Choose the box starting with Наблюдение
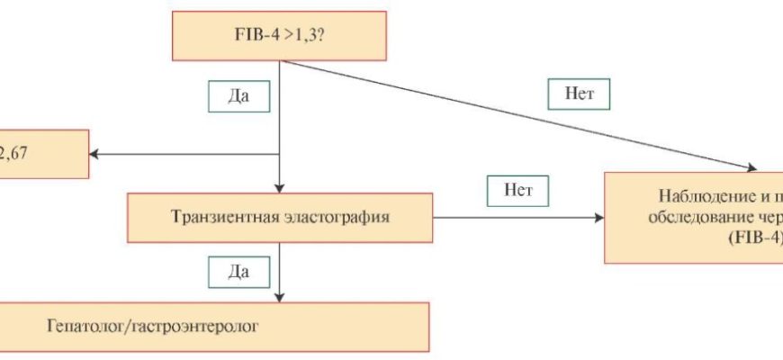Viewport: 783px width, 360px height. tap(693, 217)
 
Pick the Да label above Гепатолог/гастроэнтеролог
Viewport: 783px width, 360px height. tap(238, 269)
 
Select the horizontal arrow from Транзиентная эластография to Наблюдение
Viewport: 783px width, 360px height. tap(517, 218)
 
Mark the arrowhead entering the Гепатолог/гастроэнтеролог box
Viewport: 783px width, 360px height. tap(281, 296)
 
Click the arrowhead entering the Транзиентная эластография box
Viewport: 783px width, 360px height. tap(281, 186)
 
